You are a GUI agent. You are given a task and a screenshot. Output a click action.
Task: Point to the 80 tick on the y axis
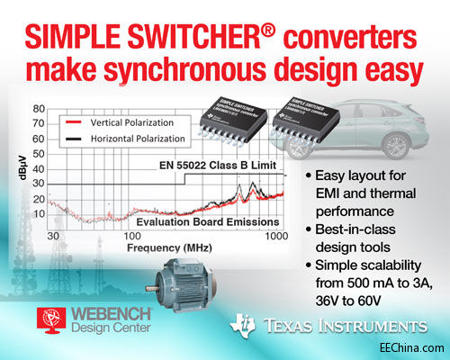(x=39, y=109)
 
